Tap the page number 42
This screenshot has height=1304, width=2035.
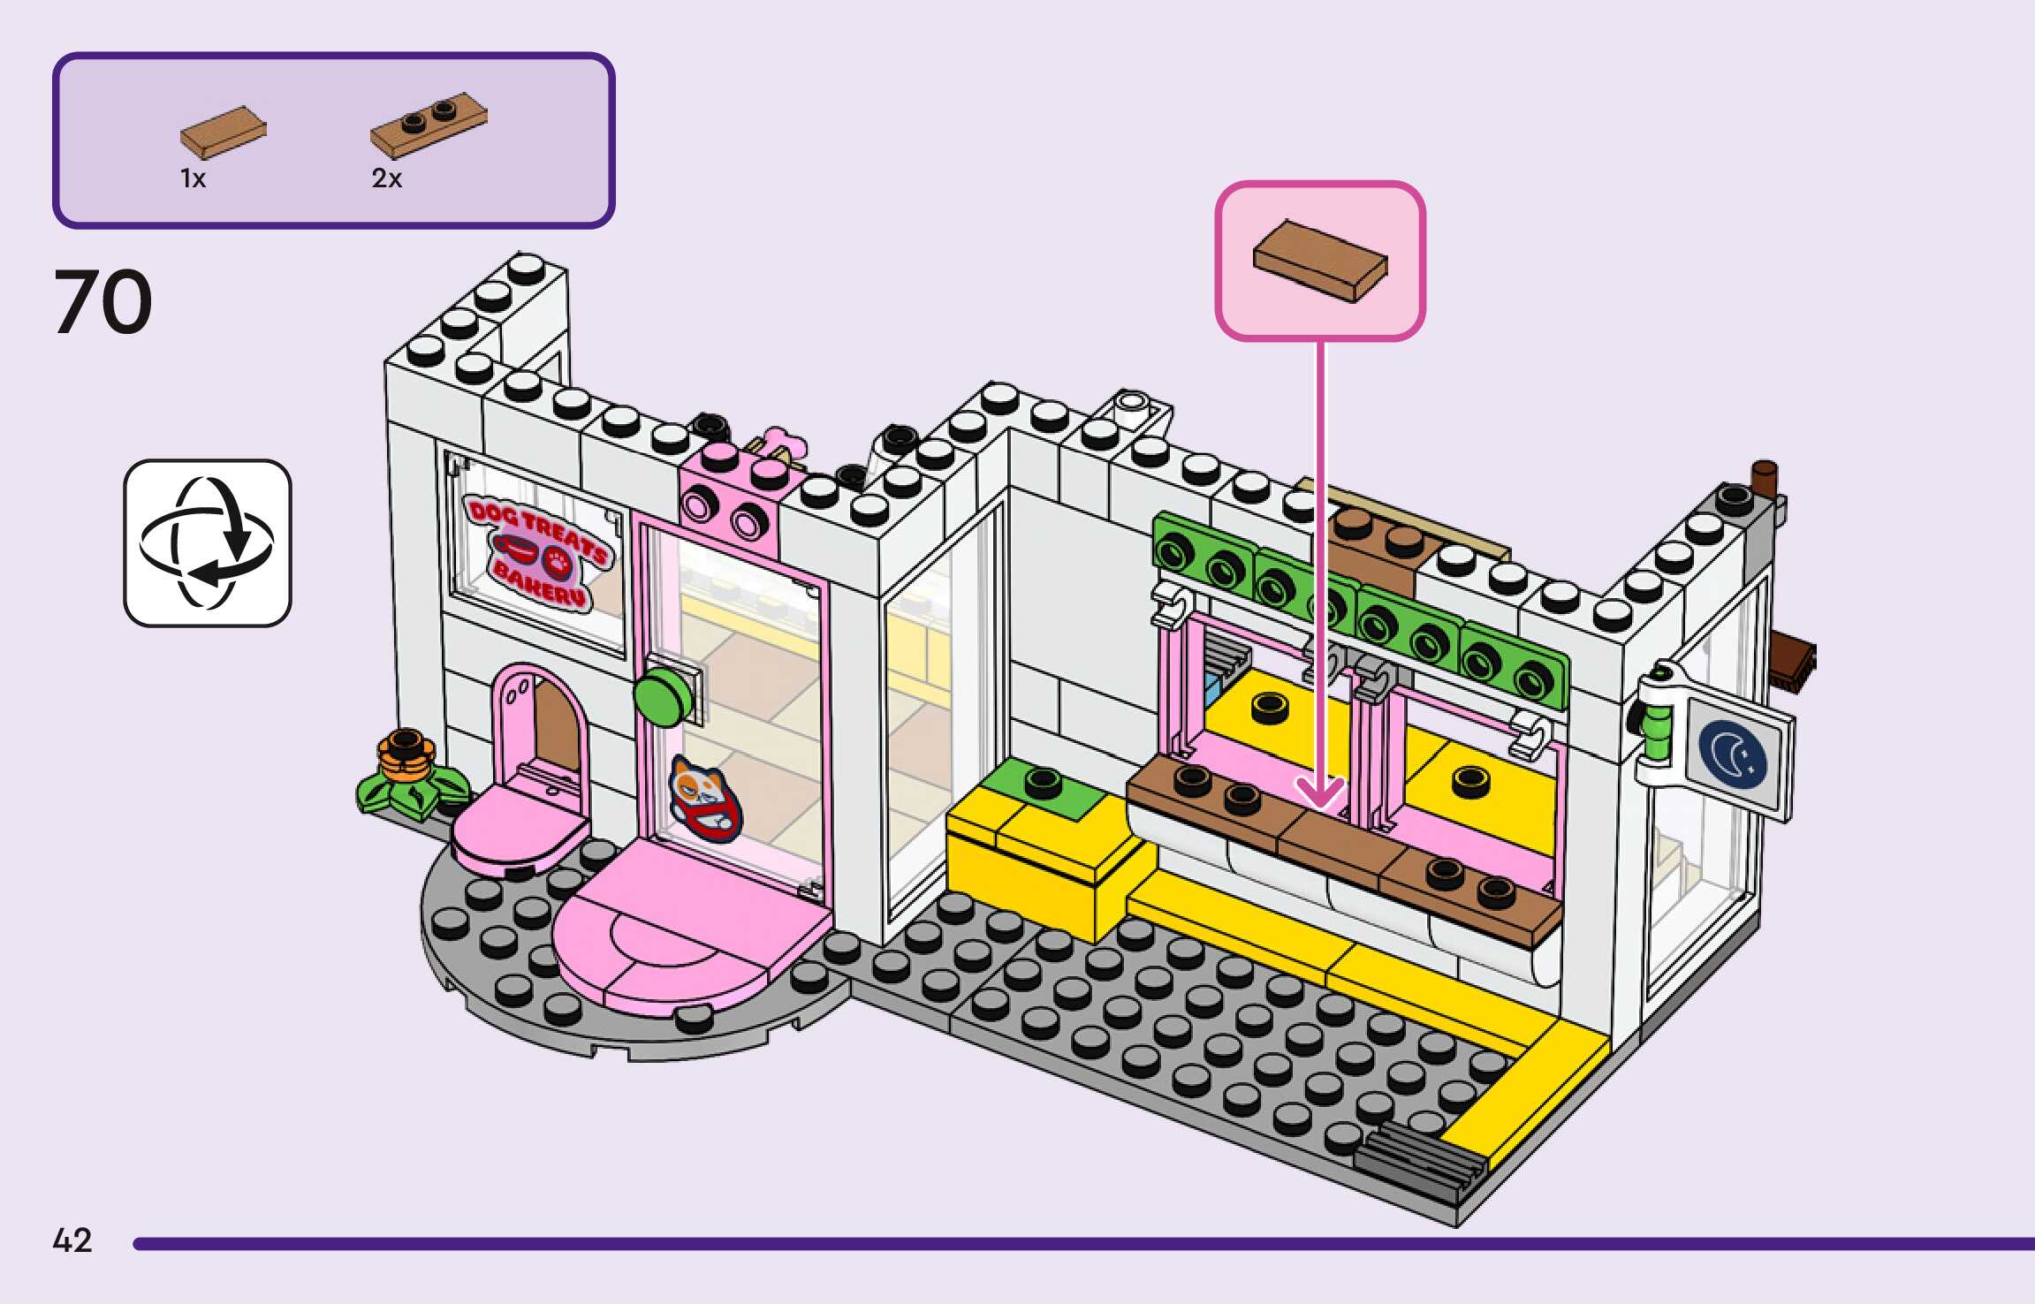72,1240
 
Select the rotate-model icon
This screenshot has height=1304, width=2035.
208,542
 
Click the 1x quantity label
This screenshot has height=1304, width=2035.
193,178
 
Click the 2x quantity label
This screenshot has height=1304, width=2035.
386,178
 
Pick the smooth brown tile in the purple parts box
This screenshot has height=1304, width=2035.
224,133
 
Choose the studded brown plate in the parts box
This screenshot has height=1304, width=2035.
429,124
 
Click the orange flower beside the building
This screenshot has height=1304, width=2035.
406,758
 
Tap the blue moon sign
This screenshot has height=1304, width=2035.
1732,754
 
